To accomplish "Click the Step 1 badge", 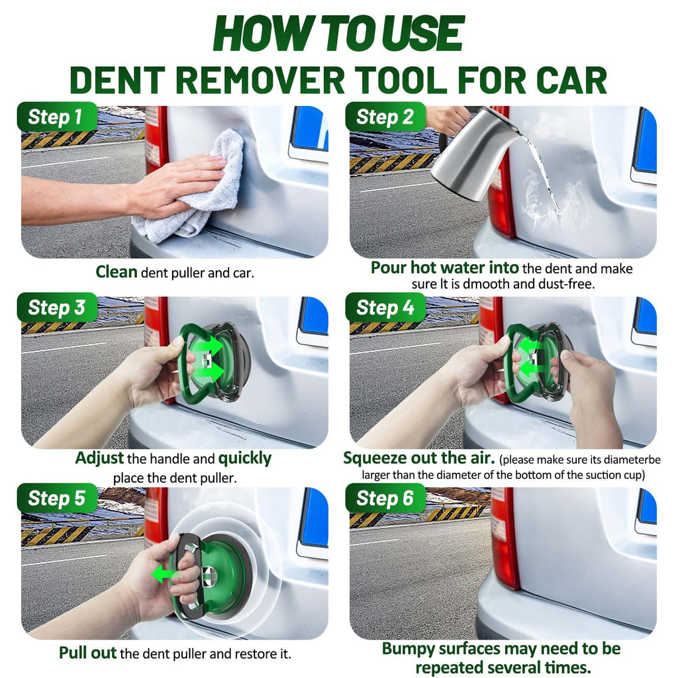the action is (x=57, y=117).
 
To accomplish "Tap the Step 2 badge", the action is (x=386, y=117).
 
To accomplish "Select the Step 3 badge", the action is (x=57, y=307).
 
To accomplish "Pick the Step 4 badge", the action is (x=386, y=307).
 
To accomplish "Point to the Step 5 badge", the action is (x=57, y=498).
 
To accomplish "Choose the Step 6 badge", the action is (x=386, y=498).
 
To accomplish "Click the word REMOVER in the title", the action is (x=260, y=80).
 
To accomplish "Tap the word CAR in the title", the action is (x=571, y=80).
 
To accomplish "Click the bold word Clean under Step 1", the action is (x=117, y=272).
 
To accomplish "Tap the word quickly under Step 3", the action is (x=245, y=459).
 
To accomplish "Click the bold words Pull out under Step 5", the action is (x=88, y=653).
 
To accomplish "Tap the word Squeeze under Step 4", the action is (x=374, y=458).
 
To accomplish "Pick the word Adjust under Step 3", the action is (x=99, y=458).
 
